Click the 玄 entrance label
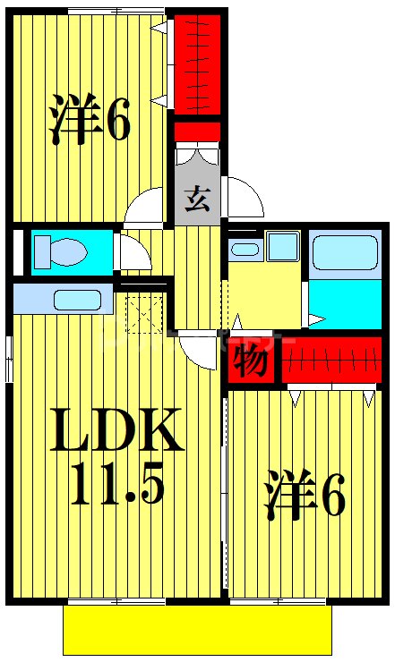pyautogui.click(x=196, y=197)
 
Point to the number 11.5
pyautogui.click(x=117, y=486)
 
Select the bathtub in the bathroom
pyautogui.click(x=345, y=252)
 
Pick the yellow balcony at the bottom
pyautogui.click(x=197, y=630)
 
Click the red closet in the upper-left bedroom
pyautogui.click(x=196, y=60)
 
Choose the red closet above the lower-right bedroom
pyautogui.click(x=331, y=359)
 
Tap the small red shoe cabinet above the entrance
pyautogui.click(x=196, y=132)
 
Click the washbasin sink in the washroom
pyautogui.click(x=244, y=248)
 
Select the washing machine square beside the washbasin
pyautogui.click(x=283, y=245)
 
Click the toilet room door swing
pyautogui.click(x=133, y=254)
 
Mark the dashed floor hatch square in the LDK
pyautogui.click(x=143, y=314)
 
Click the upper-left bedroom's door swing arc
pyautogui.click(x=147, y=209)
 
